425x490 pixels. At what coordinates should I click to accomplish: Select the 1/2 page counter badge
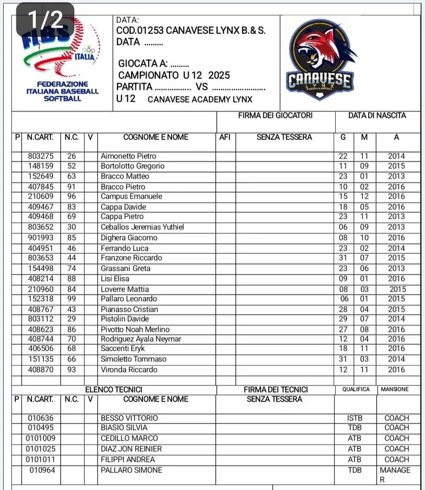[x=45, y=20]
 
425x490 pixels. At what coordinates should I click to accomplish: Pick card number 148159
[x=40, y=166]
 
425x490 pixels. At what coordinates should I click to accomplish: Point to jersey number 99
[x=72, y=299]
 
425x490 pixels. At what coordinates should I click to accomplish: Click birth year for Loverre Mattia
[x=397, y=289]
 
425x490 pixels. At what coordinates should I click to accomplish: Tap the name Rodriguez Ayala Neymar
[x=141, y=339]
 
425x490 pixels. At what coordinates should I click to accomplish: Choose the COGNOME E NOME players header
[x=156, y=137]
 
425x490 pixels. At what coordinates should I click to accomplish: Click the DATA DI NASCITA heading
[x=377, y=115]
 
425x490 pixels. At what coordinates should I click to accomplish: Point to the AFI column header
[x=225, y=137]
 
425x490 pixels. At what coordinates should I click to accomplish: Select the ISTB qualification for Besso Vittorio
[x=354, y=418]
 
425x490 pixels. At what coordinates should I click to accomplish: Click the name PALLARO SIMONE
[x=131, y=470]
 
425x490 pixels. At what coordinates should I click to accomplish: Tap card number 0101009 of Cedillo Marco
[x=40, y=438]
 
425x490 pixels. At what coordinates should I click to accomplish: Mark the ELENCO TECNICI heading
[x=114, y=390]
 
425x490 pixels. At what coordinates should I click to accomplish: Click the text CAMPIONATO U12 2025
[x=174, y=75]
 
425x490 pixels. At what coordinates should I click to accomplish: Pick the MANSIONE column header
[x=395, y=389]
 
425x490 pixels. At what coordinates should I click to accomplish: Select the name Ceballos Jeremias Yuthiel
[x=142, y=227]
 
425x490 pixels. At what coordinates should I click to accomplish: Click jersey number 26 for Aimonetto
[x=72, y=156]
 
